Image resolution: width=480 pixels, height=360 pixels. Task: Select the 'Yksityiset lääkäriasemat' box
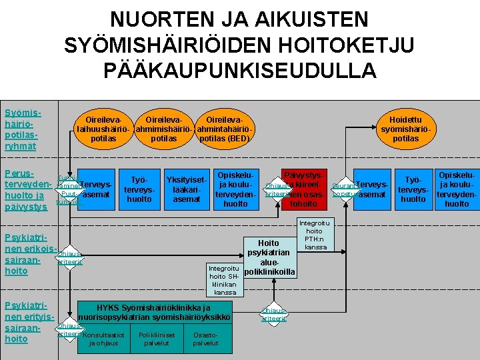pyautogui.click(x=187, y=189)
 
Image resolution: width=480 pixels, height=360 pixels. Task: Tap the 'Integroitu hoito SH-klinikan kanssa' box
pyautogui.click(x=224, y=279)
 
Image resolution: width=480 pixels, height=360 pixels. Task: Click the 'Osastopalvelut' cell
pyautogui.click(x=205, y=339)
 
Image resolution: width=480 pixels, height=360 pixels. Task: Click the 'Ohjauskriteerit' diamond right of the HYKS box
pyautogui.click(x=274, y=315)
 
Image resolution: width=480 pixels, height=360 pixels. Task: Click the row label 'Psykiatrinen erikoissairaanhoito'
pyautogui.click(x=27, y=254)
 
